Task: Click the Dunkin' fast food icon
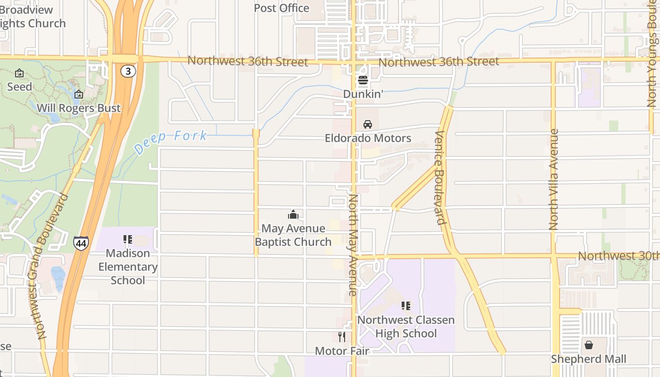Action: tap(363, 80)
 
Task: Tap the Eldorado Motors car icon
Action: tap(368, 124)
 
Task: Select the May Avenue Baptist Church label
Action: tap(293, 235)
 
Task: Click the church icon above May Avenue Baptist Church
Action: tap(293, 215)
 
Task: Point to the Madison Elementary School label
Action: tap(128, 267)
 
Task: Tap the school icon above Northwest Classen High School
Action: tap(406, 306)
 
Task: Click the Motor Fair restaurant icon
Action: tap(342, 337)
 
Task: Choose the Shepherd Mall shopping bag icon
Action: tap(589, 345)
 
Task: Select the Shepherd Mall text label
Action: tap(589, 359)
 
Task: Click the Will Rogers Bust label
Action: tap(79, 108)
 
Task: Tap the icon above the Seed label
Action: tap(19, 73)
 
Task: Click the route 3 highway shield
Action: tap(128, 71)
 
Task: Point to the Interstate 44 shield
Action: tap(81, 243)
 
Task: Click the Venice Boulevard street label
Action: tap(440, 178)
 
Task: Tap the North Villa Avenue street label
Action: tap(554, 179)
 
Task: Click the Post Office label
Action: tap(281, 8)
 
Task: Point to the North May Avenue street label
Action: tap(353, 245)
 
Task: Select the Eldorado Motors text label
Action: tap(368, 138)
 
